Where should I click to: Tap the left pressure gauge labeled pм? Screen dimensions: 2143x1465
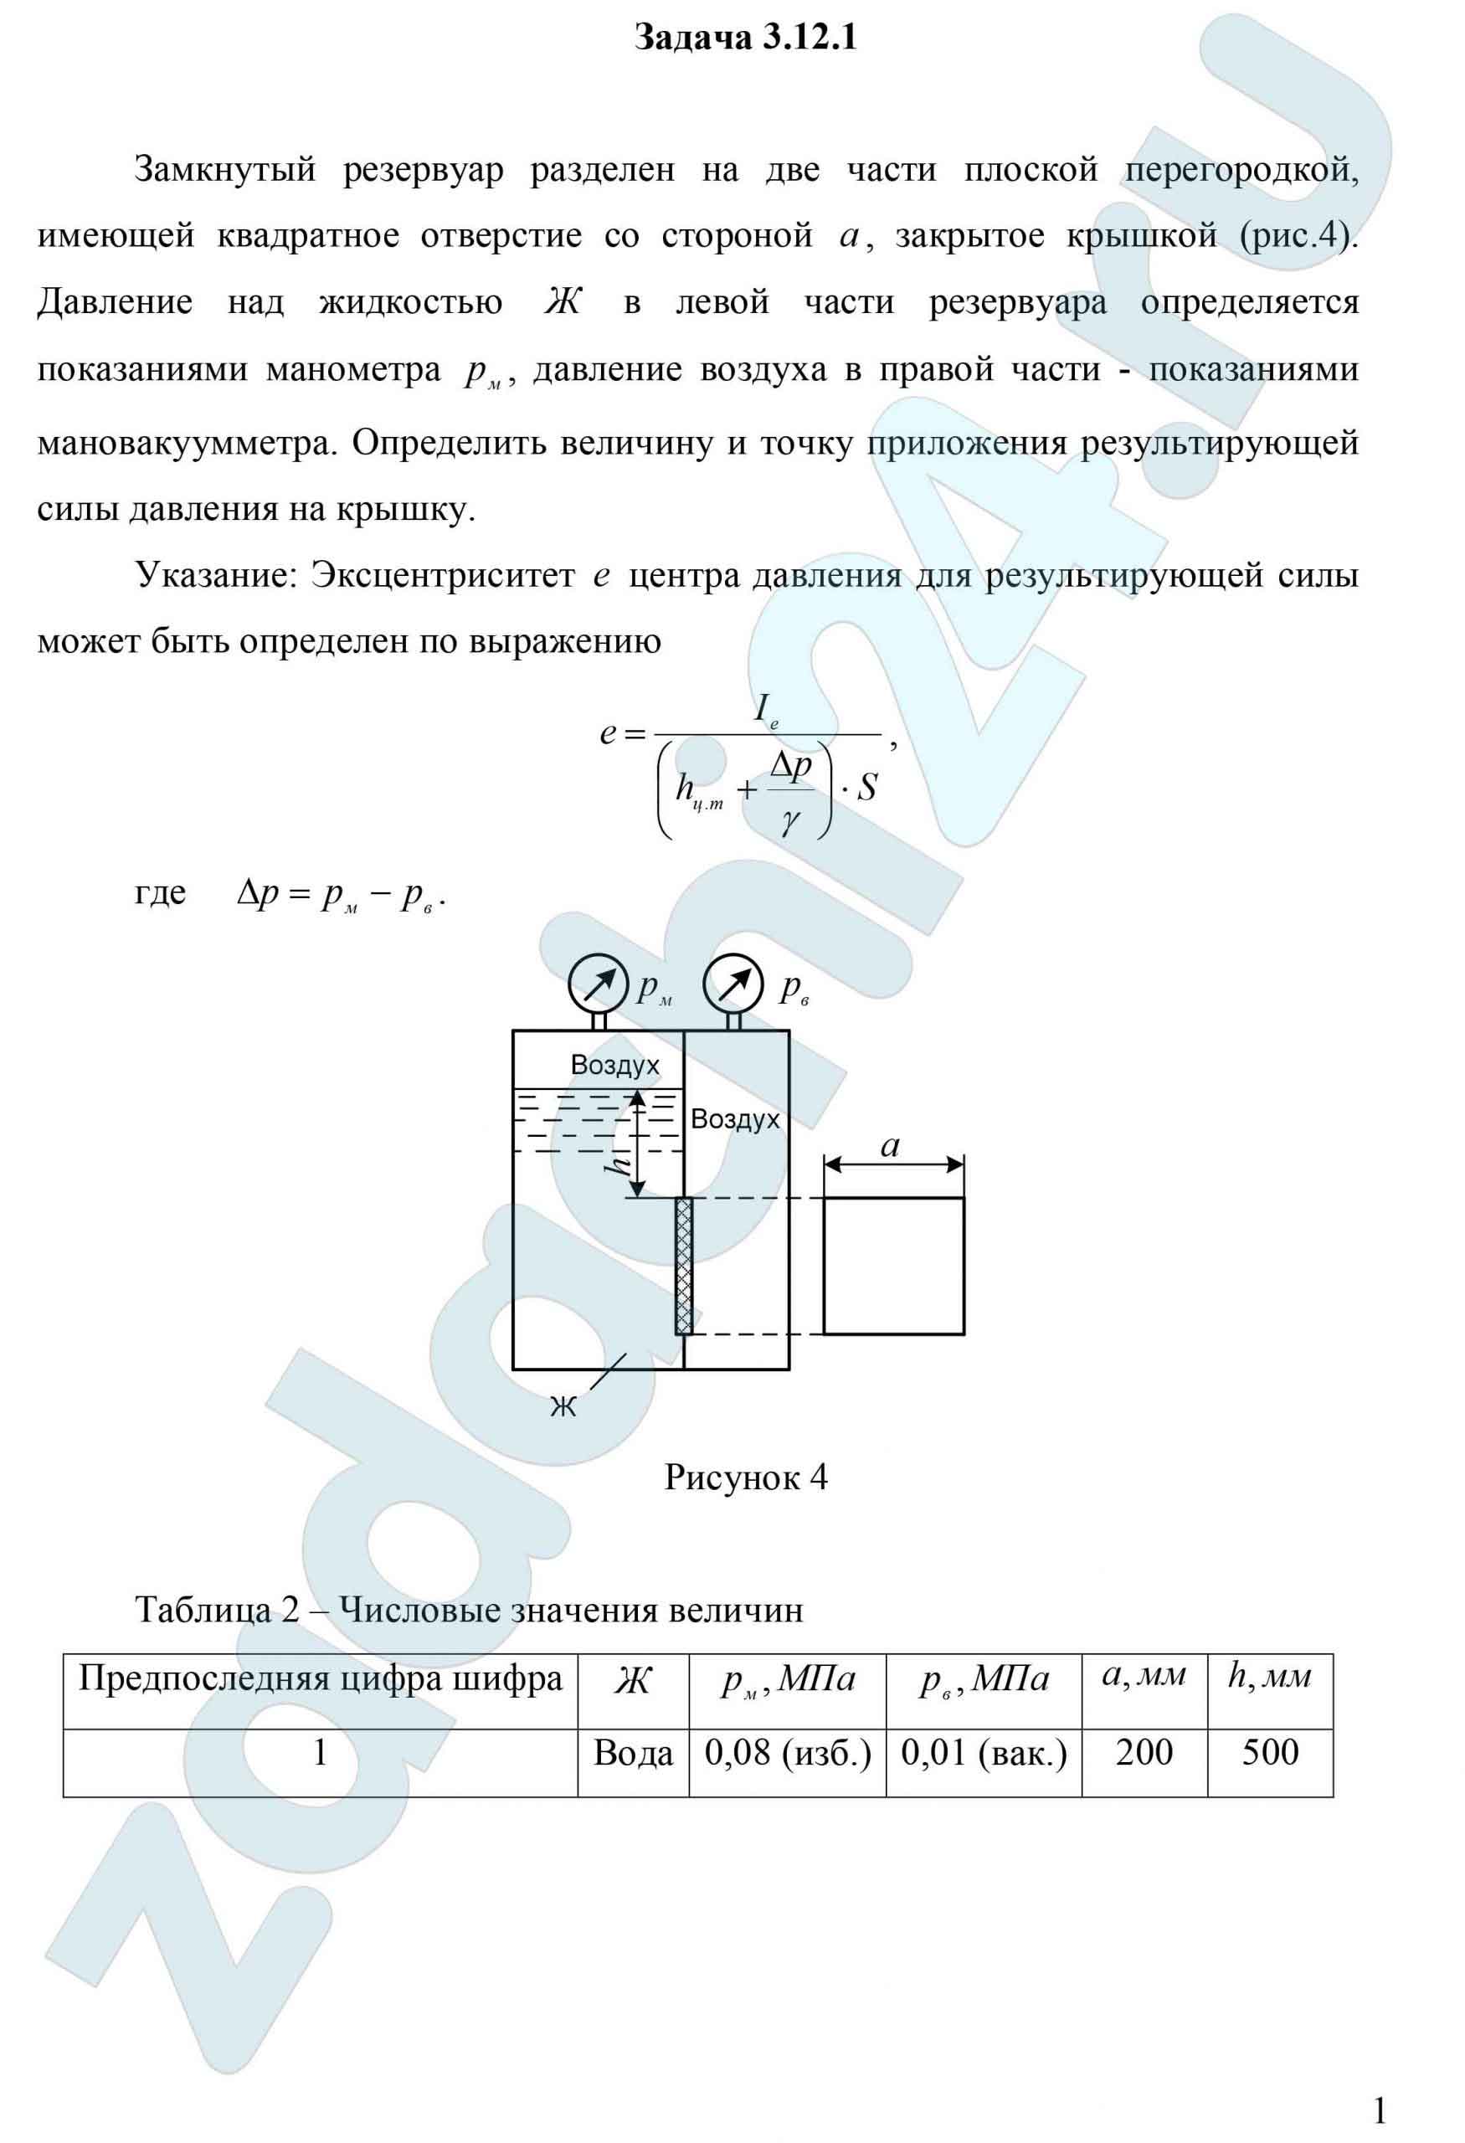599,984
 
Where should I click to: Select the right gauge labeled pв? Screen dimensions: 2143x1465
733,984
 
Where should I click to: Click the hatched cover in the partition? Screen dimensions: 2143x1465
684,1265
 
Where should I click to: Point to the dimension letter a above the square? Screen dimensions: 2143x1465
890,1146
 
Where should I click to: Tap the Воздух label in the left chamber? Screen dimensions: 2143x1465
615,1065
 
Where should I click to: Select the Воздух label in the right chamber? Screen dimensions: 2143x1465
735,1119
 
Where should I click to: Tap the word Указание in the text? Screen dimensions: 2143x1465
216,575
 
